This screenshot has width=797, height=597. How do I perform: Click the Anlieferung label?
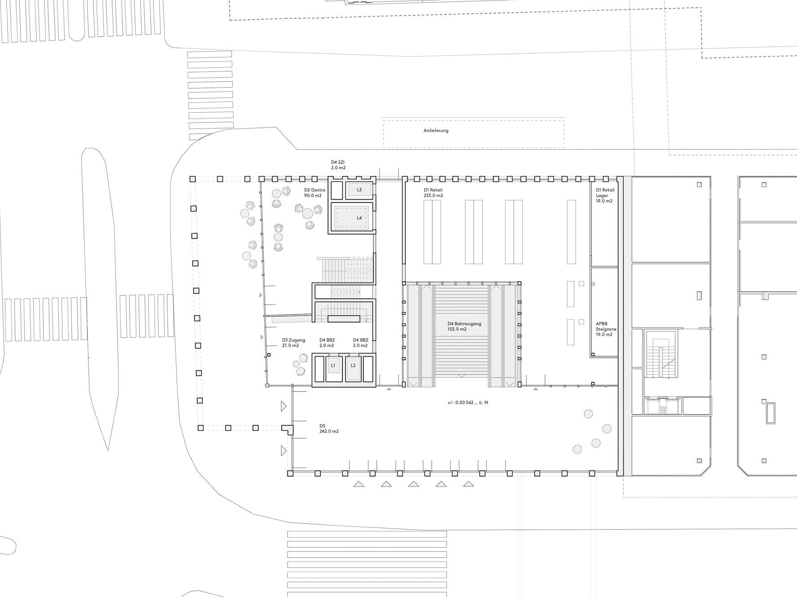pyautogui.click(x=436, y=131)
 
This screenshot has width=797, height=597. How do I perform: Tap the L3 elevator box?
pyautogui.click(x=359, y=190)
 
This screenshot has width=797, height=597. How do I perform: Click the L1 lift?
pyautogui.click(x=333, y=366)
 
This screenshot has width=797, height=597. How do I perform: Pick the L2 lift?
pyautogui.click(x=353, y=366)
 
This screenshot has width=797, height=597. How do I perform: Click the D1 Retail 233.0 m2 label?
pyautogui.click(x=433, y=193)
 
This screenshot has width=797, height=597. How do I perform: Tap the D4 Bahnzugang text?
pyautogui.click(x=464, y=323)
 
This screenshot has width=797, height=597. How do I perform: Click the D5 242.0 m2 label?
pyautogui.click(x=329, y=429)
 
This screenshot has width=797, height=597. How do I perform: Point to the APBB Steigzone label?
pyautogui.click(x=606, y=326)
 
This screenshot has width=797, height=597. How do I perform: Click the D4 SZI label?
pyautogui.click(x=338, y=162)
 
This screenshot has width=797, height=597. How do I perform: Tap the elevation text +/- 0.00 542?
pyautogui.click(x=468, y=402)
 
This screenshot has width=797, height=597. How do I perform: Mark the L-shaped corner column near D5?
pyautogui.click(x=288, y=429)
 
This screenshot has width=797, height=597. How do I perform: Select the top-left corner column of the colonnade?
pyautogui.click(x=193, y=179)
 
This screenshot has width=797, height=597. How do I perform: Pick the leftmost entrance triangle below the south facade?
pyautogui.click(x=359, y=484)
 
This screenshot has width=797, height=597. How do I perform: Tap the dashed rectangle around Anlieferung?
pyautogui.click(x=474, y=134)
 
